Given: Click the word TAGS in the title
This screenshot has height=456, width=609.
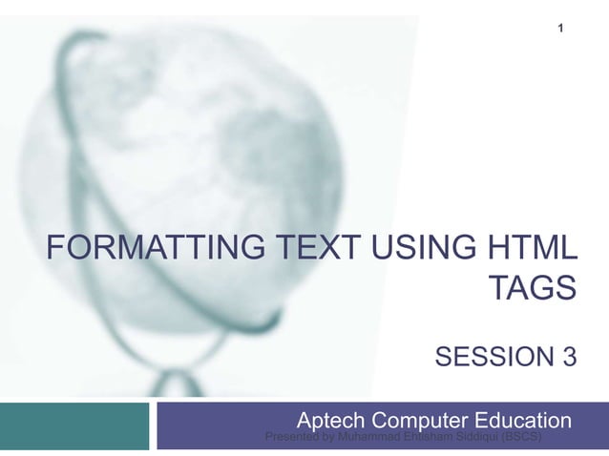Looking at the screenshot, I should (533, 287).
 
